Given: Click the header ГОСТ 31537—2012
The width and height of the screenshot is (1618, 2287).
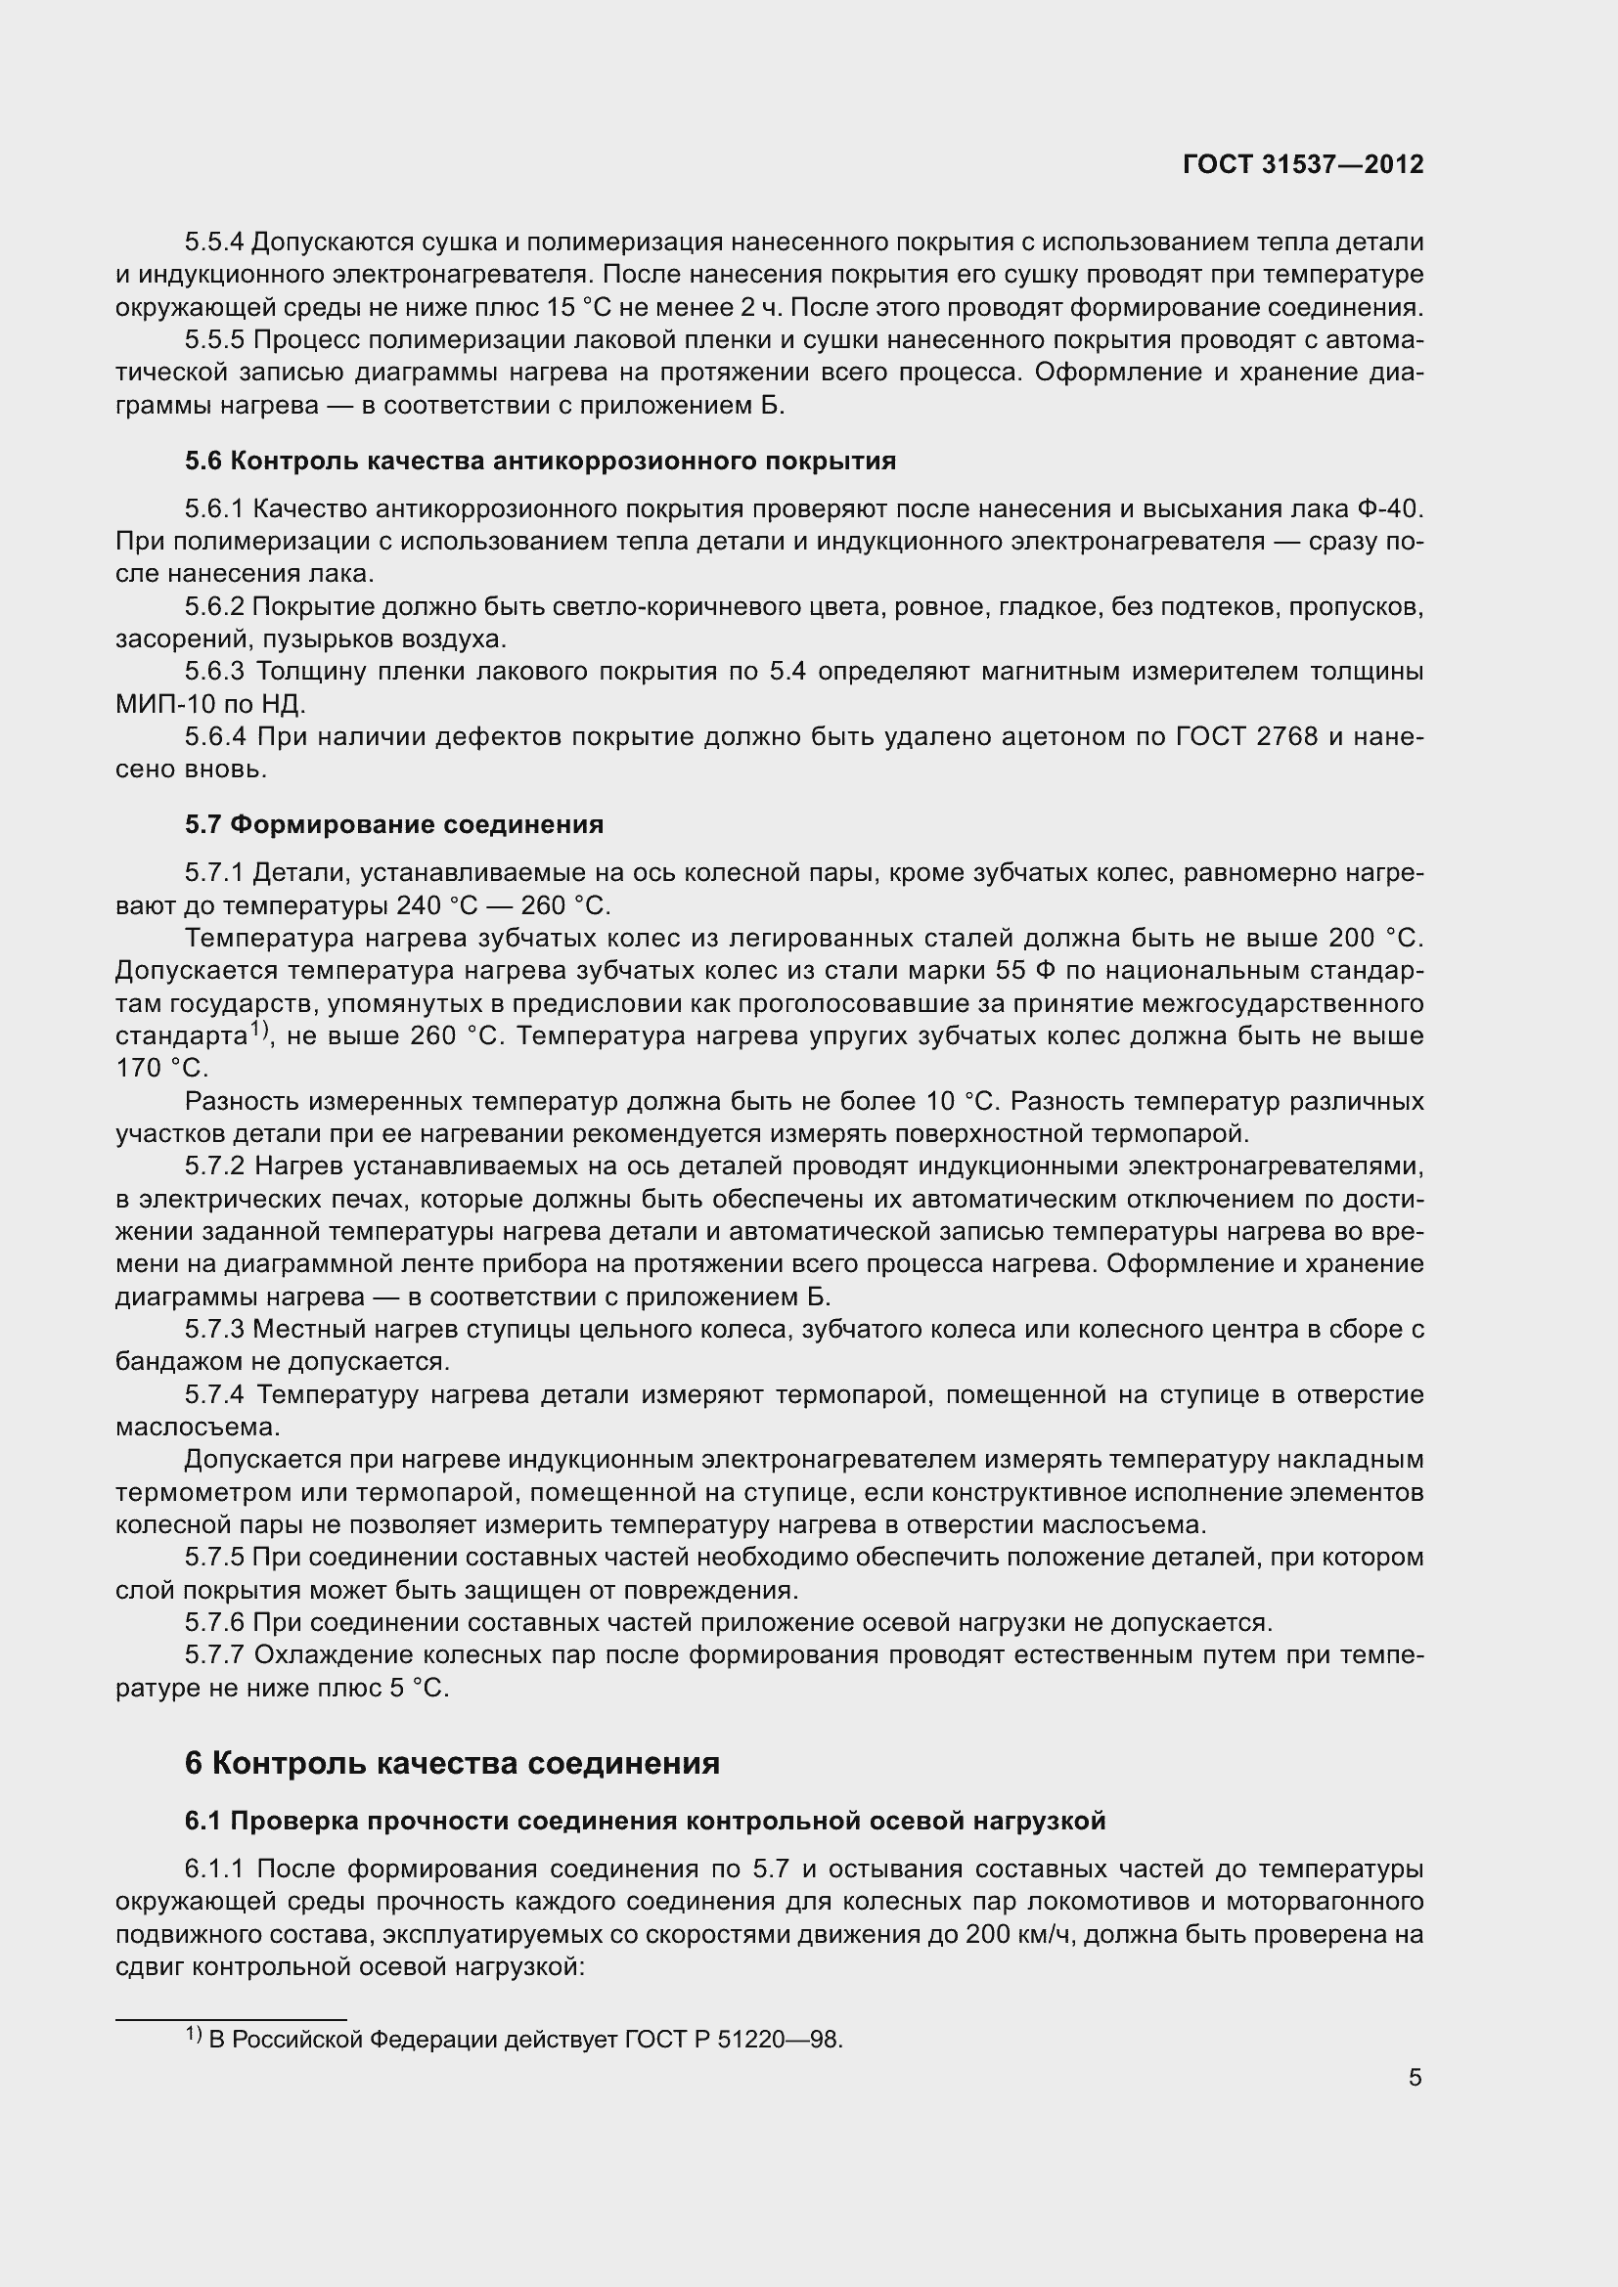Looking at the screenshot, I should tap(1302, 164).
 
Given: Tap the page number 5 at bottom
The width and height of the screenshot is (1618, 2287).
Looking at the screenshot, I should tap(1415, 2078).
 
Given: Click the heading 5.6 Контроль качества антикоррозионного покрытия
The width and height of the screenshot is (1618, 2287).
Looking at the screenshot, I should tap(540, 461).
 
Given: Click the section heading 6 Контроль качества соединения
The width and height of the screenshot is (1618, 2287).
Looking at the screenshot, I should tap(451, 1762).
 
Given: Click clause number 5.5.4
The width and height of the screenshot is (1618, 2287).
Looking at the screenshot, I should tap(213, 242).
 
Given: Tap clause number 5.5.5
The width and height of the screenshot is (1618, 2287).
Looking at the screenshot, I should tap(214, 339).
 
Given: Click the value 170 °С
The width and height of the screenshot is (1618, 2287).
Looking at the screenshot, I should tap(161, 1069).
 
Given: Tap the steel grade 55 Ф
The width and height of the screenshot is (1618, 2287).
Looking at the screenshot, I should tap(1015, 970).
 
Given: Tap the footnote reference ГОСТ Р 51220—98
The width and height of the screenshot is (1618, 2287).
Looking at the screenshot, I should tap(734, 2039).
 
